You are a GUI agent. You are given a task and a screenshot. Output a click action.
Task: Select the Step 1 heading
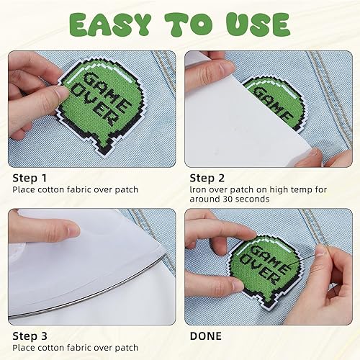(30, 179)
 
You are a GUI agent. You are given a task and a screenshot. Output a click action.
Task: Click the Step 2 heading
(207, 179)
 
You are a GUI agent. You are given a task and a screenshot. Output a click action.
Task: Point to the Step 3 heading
(30, 336)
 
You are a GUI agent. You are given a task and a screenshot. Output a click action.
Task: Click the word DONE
(206, 336)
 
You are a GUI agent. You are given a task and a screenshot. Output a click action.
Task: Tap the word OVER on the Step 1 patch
(95, 106)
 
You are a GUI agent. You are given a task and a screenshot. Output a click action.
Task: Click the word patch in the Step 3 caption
(126, 348)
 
